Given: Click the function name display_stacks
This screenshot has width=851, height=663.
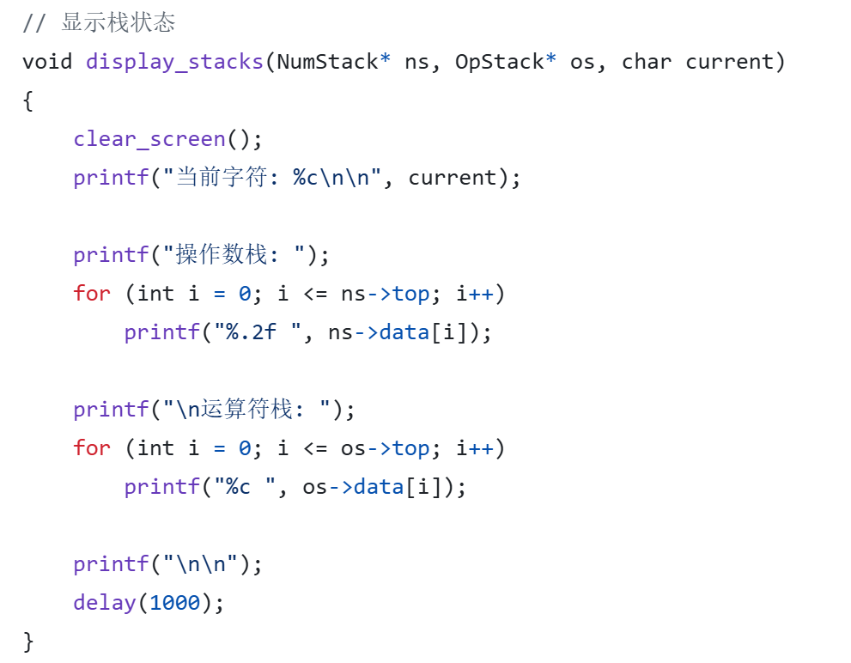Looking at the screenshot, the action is pos(174,62).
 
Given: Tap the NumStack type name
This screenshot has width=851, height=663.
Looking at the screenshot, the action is pos(327,62).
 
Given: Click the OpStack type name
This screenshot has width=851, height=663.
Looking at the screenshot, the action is pos(499,62).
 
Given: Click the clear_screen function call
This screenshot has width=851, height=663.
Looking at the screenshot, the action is pos(149,139).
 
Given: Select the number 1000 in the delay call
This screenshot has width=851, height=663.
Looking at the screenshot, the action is pos(174,603).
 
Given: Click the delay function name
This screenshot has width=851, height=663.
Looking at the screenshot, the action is pos(104,603).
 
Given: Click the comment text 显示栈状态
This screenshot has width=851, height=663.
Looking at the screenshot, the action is pos(118,23).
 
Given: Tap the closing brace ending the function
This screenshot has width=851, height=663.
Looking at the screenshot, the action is pos(28,641).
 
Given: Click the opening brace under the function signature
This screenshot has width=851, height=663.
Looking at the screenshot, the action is pos(28,101).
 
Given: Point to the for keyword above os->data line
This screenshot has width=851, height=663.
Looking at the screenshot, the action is pos(92,448).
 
